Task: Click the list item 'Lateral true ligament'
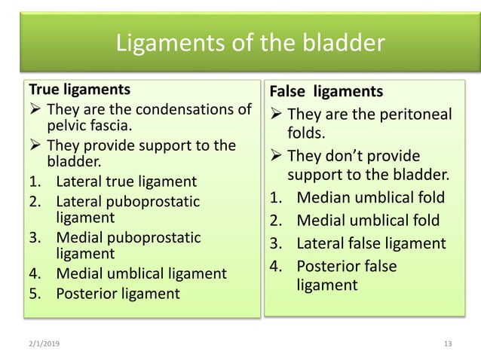click(x=127, y=182)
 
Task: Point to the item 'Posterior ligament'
click(x=118, y=293)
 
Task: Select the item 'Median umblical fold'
click(x=370, y=199)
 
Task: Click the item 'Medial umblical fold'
click(x=367, y=221)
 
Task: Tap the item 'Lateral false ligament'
click(x=371, y=243)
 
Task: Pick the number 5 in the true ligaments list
click(x=32, y=293)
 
